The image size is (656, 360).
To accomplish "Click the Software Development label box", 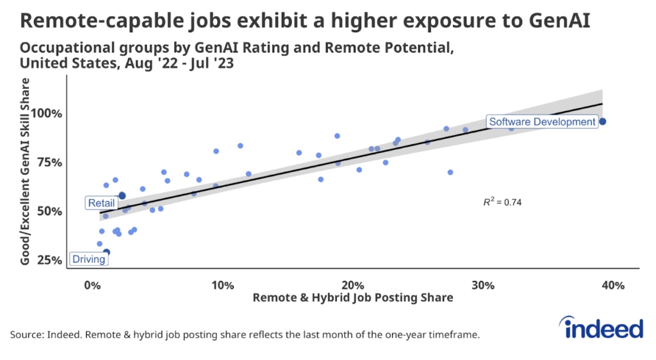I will pos(542,122).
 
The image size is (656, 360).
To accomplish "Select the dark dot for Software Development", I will pos(602,122).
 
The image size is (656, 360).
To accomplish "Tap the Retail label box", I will pos(101,203).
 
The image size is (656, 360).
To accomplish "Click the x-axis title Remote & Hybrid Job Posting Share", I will pos(353,298).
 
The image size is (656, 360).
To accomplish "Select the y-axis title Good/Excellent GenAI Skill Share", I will pos(26,171).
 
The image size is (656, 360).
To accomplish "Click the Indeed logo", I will pos(603,328).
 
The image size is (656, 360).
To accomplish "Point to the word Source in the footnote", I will pos(26,335).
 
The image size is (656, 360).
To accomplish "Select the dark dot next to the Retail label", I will pos(122,195).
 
